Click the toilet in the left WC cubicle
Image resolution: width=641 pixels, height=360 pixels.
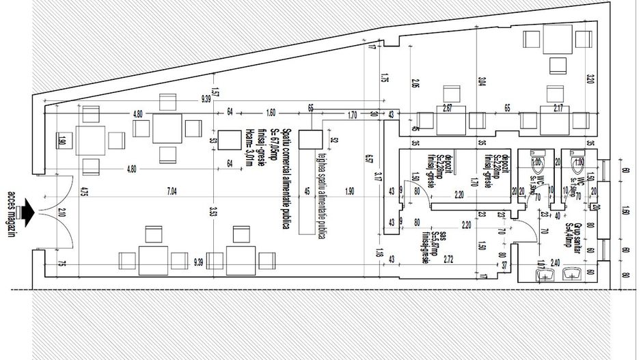[x=537, y=163]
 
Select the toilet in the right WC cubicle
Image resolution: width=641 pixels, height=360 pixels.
[x=579, y=163]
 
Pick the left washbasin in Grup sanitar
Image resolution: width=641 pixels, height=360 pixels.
[x=545, y=273]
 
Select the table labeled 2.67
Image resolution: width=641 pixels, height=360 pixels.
[x=448, y=120]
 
